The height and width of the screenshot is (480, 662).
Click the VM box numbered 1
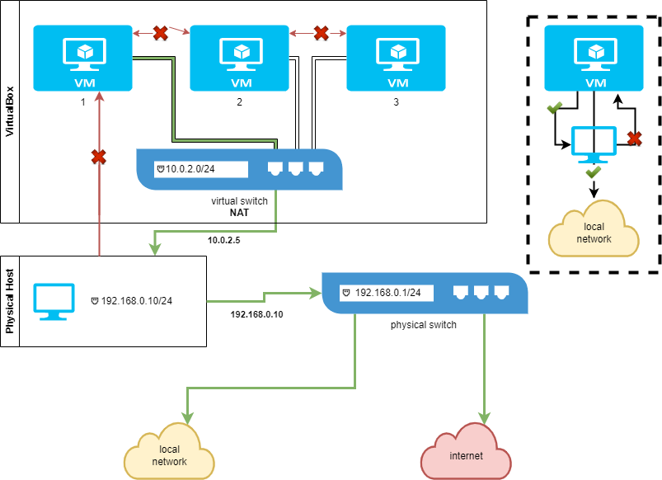(x=82, y=58)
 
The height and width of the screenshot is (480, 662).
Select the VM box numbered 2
(x=240, y=58)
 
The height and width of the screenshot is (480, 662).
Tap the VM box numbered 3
(x=397, y=58)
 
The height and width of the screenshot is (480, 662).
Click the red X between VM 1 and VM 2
(x=162, y=33)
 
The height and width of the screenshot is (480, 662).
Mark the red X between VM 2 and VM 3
(x=321, y=33)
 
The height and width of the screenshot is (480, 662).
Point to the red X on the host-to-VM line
(x=100, y=156)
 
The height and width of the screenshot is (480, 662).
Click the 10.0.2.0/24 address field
(x=200, y=169)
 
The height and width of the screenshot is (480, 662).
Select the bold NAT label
(x=239, y=212)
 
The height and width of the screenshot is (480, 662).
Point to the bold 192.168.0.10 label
(x=257, y=314)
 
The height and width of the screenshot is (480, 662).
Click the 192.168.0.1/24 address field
(x=386, y=292)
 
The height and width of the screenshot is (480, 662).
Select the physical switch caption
(x=424, y=325)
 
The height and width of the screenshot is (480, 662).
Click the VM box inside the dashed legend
(x=594, y=58)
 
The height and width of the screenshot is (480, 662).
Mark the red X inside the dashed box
(x=634, y=139)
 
